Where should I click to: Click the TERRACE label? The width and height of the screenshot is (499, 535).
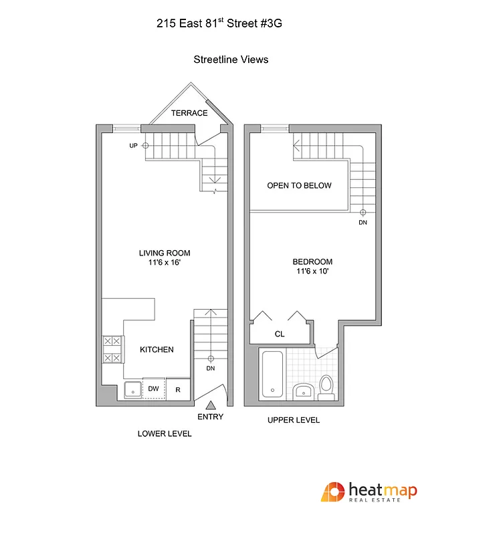[x=189, y=113]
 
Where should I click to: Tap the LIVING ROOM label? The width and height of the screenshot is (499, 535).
[x=165, y=253]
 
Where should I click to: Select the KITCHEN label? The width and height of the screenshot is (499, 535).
[x=157, y=350]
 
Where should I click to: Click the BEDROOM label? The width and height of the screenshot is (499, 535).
[x=312, y=261]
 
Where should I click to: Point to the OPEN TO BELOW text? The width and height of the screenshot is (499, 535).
[x=299, y=185]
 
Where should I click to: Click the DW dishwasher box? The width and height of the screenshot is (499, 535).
[x=154, y=389]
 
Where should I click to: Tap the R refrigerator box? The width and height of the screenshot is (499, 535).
[x=178, y=389]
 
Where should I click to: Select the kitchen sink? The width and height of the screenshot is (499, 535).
[x=132, y=389]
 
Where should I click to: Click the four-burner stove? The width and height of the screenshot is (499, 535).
[x=112, y=349]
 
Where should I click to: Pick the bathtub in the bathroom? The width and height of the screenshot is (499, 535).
[x=272, y=374]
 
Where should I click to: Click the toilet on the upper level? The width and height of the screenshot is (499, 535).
[x=326, y=387]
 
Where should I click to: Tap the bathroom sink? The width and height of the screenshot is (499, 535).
[x=303, y=391]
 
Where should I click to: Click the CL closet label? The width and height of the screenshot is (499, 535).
[x=280, y=334]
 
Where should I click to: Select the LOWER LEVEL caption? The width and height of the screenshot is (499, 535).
[x=165, y=433]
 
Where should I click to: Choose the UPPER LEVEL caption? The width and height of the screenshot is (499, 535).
[x=294, y=420]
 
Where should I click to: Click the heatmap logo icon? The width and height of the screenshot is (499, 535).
[x=332, y=494]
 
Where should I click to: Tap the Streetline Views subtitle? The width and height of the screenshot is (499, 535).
[x=231, y=60]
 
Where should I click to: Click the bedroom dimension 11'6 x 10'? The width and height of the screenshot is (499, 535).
[x=312, y=272]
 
